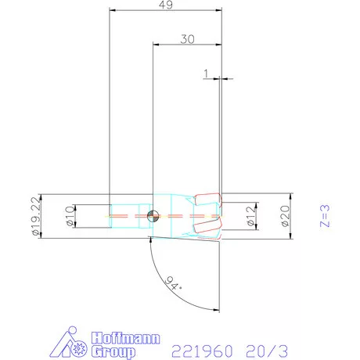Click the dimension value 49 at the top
pos(165,5)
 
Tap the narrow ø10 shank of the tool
pos(125,214)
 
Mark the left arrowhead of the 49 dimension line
pos(112,11)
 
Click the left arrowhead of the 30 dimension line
pos(154,45)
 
